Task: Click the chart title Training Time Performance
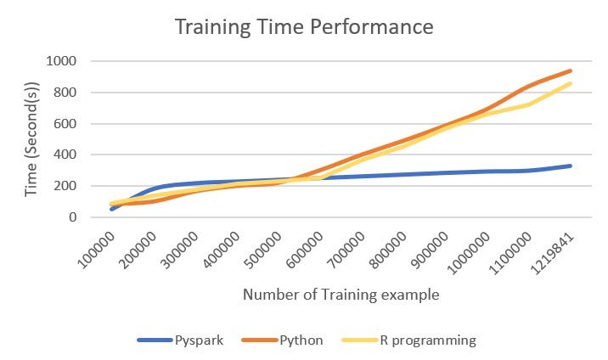click(x=304, y=26)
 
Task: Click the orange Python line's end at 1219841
click(x=571, y=70)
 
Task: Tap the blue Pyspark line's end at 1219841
click(x=571, y=166)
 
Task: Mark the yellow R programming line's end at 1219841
click(x=571, y=83)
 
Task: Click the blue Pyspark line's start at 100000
click(x=112, y=209)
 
